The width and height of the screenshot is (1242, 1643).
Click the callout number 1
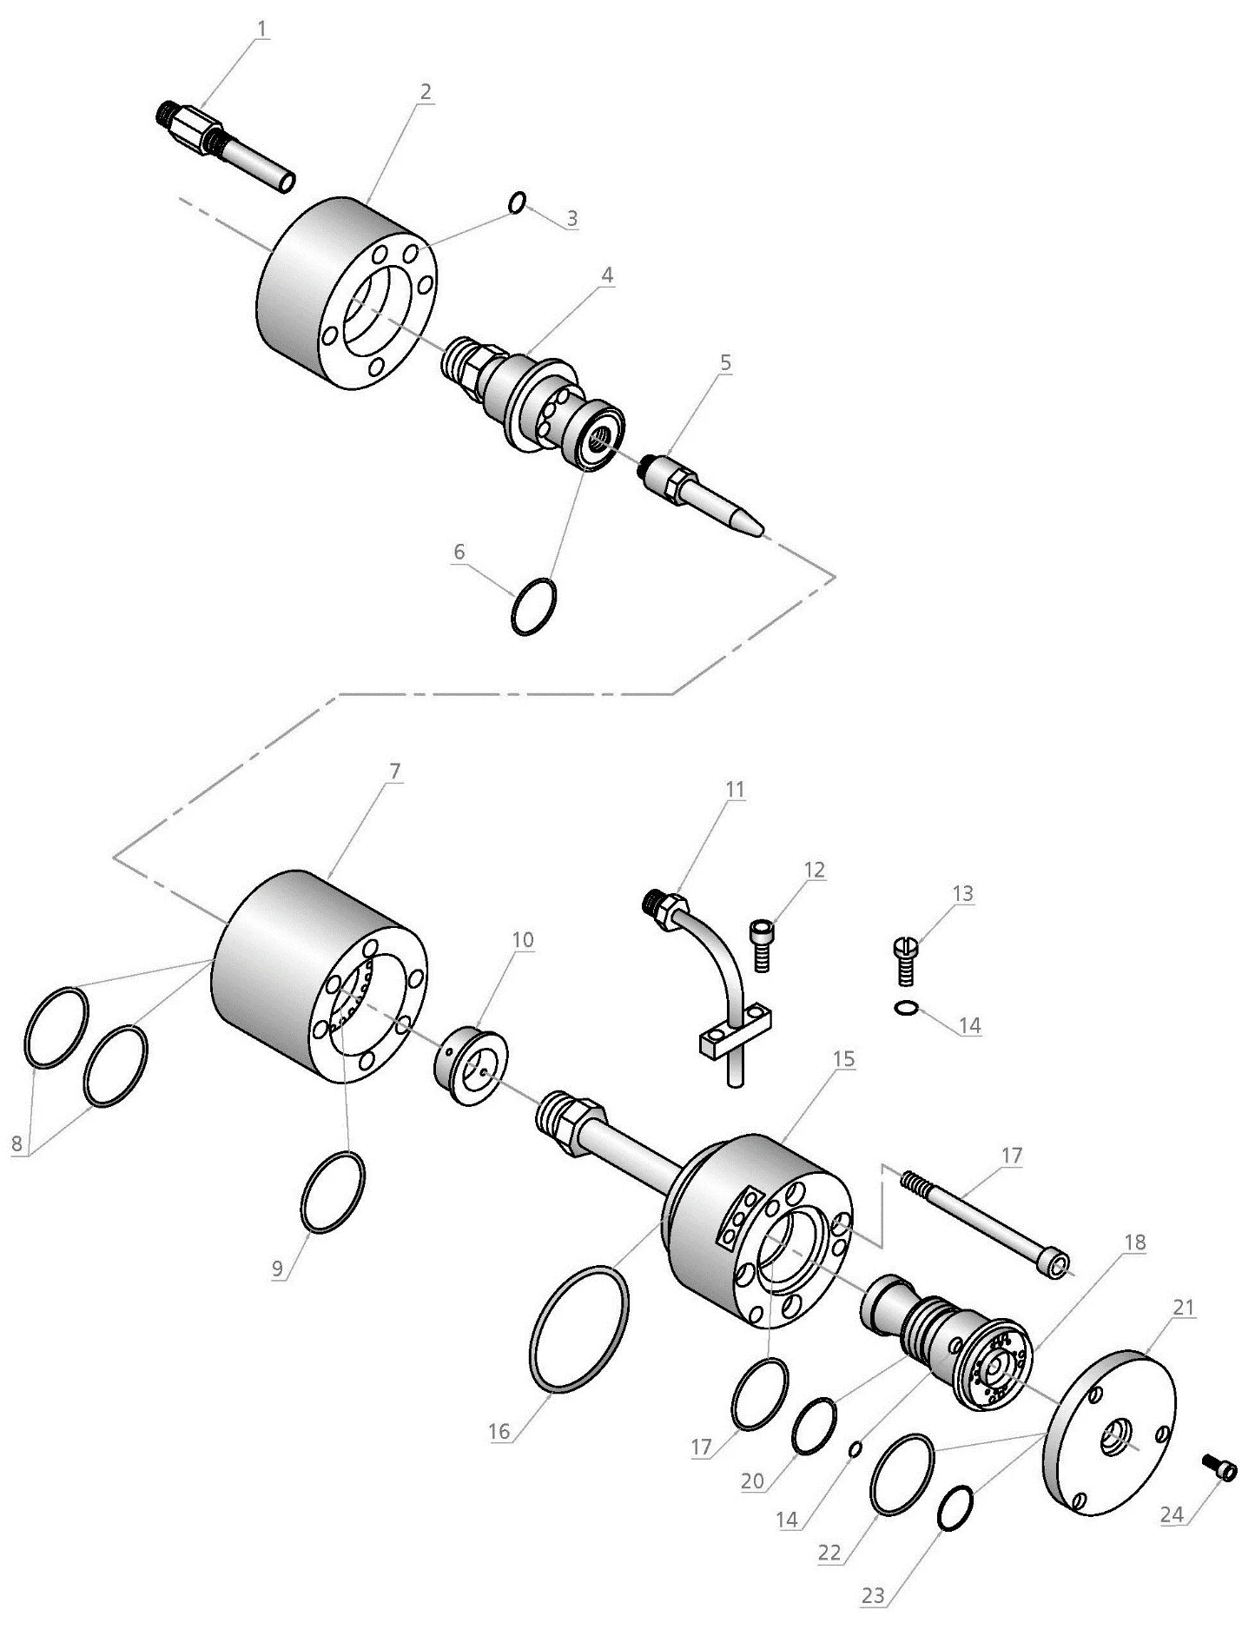pyautogui.click(x=262, y=29)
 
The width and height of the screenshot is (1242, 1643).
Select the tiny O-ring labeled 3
pyautogui.click(x=518, y=202)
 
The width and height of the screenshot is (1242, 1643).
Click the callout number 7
pyautogui.click(x=395, y=771)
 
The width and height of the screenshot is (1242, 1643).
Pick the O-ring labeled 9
pyautogui.click(x=333, y=1191)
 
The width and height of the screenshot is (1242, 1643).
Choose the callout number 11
pyautogui.click(x=736, y=789)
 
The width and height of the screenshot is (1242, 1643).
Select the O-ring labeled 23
pyautogui.click(x=956, y=1507)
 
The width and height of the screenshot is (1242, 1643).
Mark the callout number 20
pyautogui.click(x=752, y=1480)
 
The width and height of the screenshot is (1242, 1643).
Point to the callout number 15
pyautogui.click(x=842, y=1059)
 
